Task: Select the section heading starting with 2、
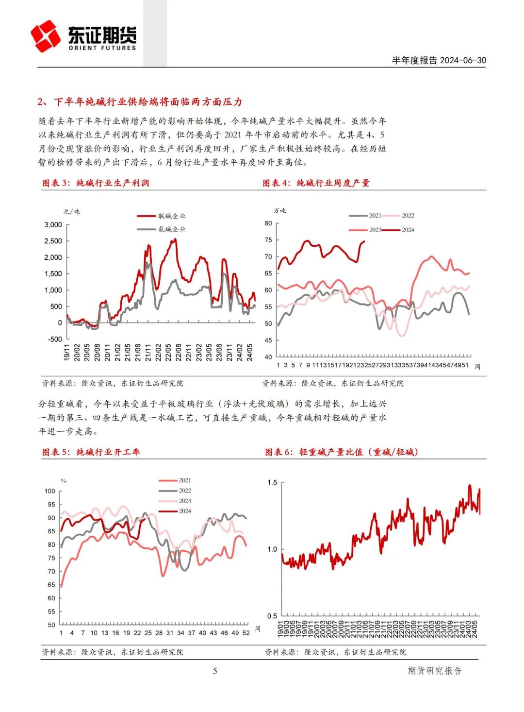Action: [140, 102]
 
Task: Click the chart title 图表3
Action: [96, 183]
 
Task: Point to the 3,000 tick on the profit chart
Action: [53, 225]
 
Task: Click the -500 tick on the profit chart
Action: [55, 339]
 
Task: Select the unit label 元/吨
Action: [72, 211]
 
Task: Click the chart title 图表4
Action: [316, 183]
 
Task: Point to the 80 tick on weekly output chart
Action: [268, 223]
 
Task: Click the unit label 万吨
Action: [280, 210]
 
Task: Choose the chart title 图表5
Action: [91, 452]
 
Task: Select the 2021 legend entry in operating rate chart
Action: [185, 480]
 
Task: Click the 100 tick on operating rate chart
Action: [50, 491]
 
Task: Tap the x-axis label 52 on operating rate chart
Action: [246, 633]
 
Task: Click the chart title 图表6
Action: [342, 452]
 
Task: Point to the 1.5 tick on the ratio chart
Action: [272, 483]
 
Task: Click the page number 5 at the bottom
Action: [215, 671]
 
